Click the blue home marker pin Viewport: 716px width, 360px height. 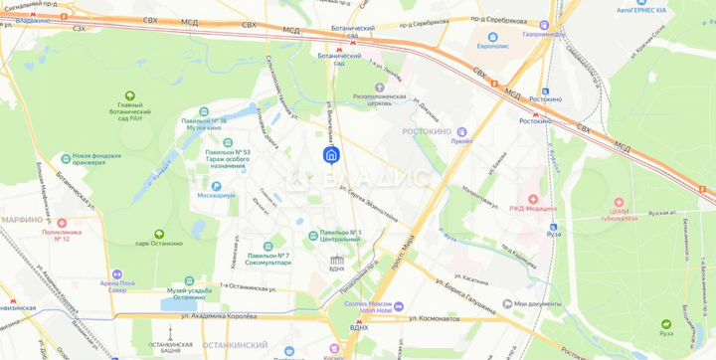click(333, 154)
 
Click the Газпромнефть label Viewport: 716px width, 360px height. click(545, 34)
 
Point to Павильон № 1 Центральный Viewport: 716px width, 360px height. click(339, 236)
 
